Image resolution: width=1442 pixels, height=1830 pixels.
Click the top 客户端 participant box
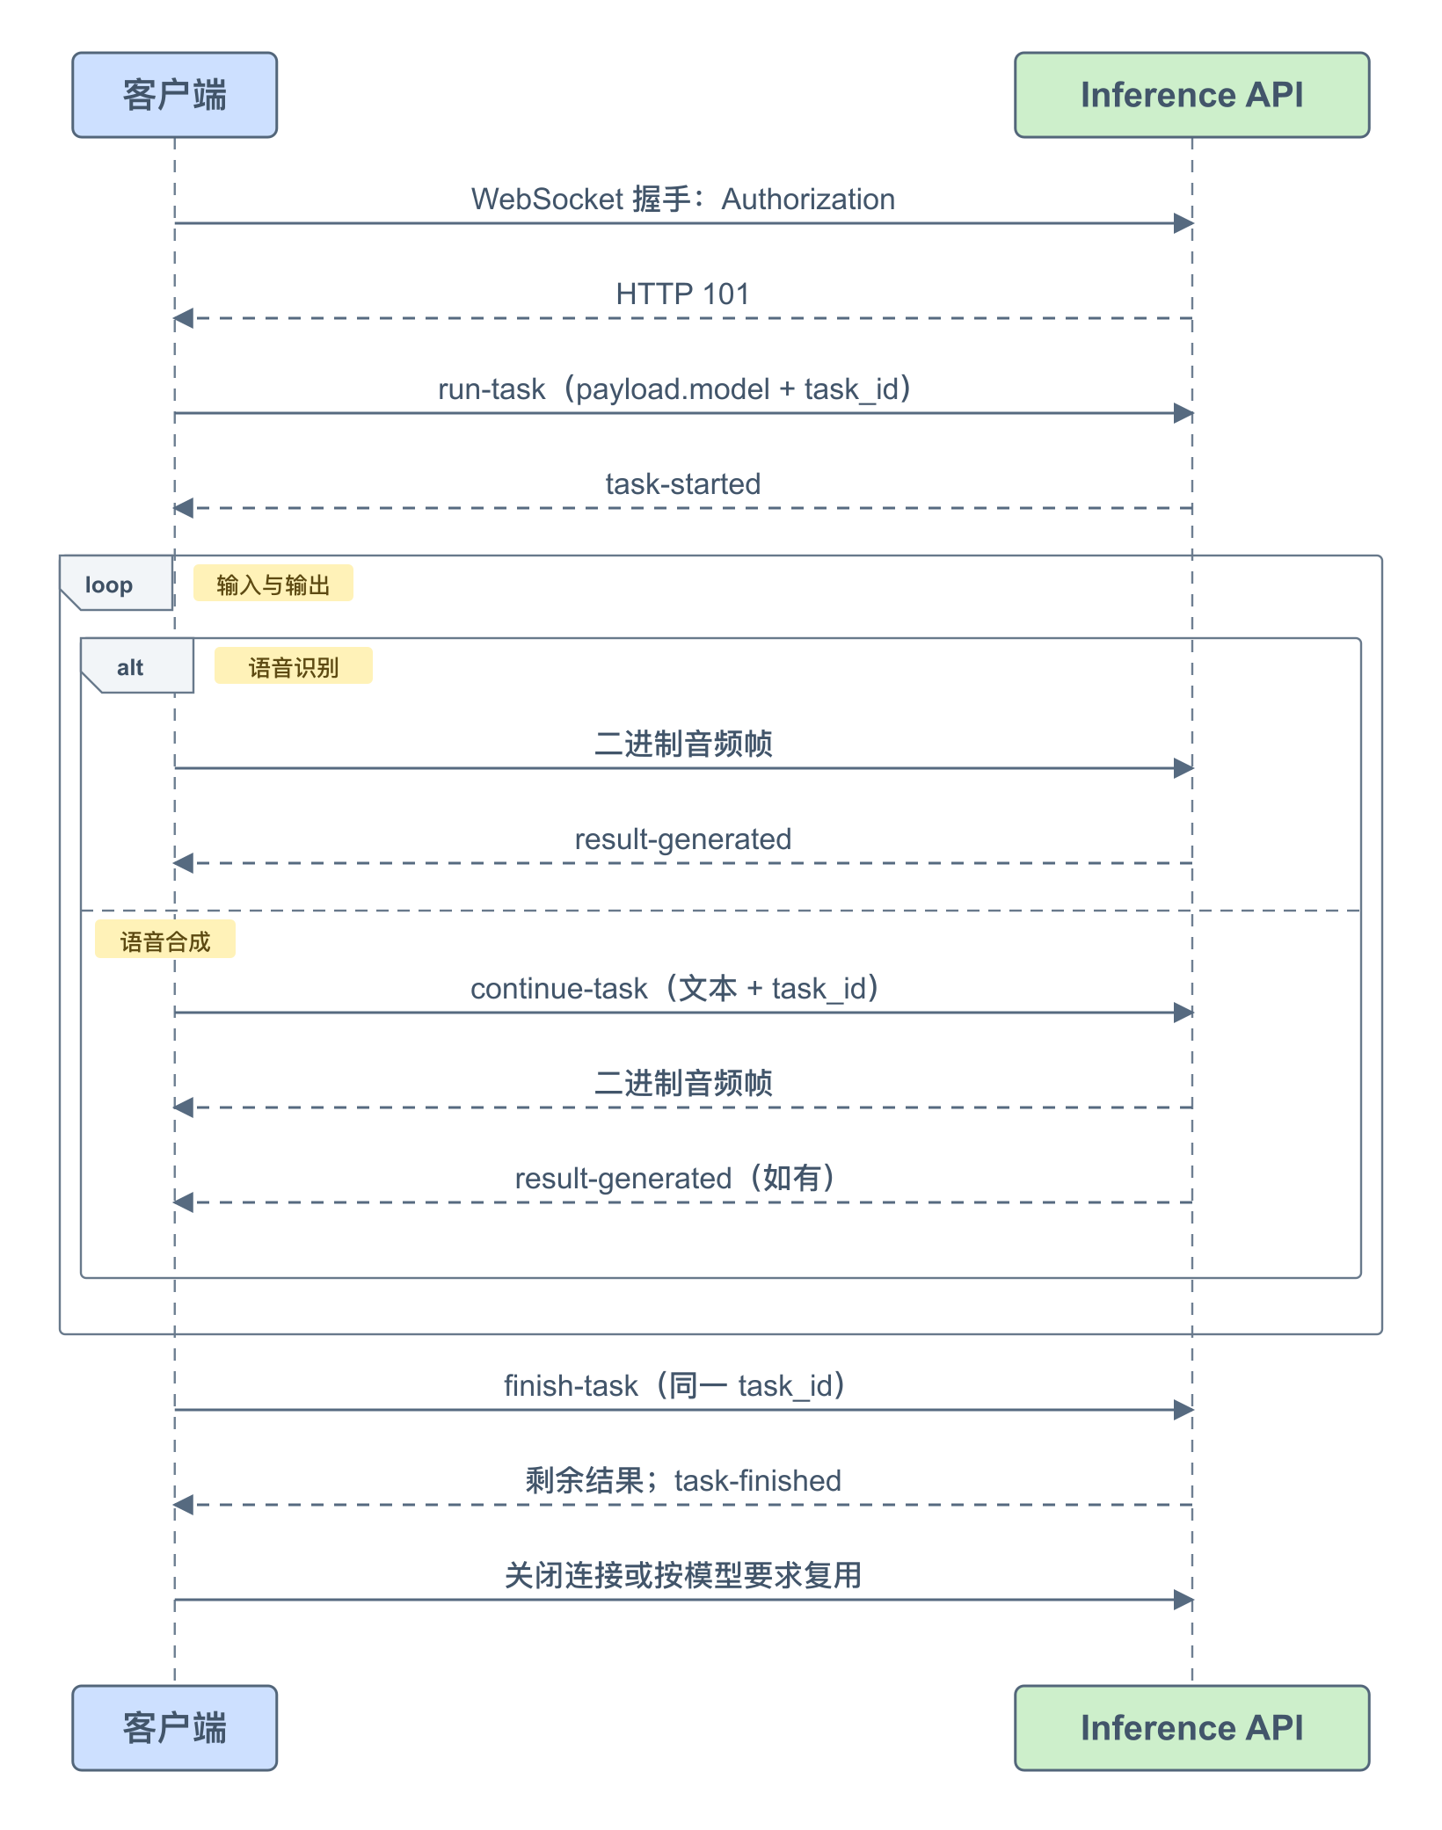pos(175,95)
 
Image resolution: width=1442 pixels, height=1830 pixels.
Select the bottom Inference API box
pos(1192,1727)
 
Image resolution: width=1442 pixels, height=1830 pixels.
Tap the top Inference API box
pos(1192,95)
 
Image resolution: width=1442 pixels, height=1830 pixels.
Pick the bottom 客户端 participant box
pos(175,1727)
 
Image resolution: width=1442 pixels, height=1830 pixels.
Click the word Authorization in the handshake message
pos(808,200)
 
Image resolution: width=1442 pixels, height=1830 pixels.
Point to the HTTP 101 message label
pos(683,294)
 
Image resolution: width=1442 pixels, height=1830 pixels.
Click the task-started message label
pos(683,484)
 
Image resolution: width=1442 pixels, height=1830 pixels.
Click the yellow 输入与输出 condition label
pos(273,584)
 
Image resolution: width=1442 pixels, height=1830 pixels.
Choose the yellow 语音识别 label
pos(294,666)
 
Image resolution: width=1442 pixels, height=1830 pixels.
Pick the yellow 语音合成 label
pos(165,940)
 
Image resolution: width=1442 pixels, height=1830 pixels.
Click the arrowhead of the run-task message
pos(1183,413)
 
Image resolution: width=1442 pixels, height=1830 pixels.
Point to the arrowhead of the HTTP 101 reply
pos(184,318)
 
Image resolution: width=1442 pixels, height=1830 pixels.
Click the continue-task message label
pos(675,989)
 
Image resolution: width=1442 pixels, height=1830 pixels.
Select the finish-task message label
pos(675,1386)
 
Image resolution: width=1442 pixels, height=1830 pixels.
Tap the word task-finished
pos(758,1481)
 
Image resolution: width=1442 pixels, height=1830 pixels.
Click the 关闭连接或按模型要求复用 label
pos(683,1576)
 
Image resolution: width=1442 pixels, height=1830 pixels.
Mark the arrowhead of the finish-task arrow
pos(1183,1410)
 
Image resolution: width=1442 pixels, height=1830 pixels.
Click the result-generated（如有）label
pos(675,1179)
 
